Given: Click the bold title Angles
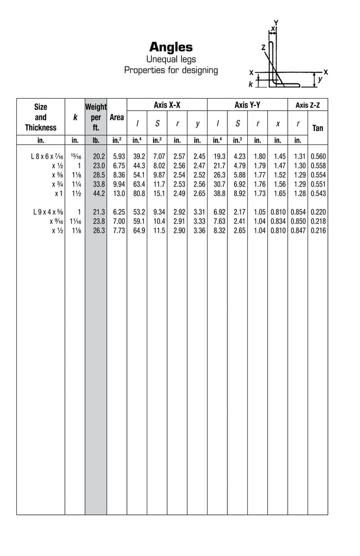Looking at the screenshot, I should click(x=170, y=47).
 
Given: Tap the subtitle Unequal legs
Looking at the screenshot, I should click(x=171, y=59).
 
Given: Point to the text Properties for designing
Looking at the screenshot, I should click(x=171, y=70).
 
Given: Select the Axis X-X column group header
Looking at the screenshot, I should click(x=167, y=105).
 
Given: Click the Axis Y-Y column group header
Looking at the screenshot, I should click(x=247, y=105).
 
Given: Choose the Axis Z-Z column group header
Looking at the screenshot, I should click(x=308, y=105).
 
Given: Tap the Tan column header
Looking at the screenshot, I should click(x=318, y=128).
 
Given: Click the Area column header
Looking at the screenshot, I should click(x=117, y=117).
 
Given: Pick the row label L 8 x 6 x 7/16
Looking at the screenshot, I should click(x=47, y=156).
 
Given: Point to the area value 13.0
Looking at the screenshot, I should click(x=118, y=193).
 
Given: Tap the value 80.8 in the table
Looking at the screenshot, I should click(x=138, y=193).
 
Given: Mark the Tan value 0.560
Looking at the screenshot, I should click(x=318, y=156).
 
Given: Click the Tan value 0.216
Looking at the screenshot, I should click(x=318, y=231).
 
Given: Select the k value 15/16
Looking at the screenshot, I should click(x=75, y=156).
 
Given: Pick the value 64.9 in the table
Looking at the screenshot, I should click(x=138, y=231).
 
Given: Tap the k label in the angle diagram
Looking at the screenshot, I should click(x=251, y=84).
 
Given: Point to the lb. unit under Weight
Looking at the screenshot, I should click(x=95, y=140).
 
